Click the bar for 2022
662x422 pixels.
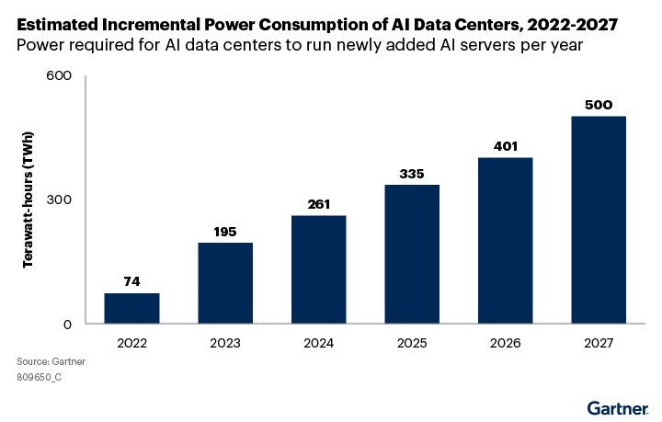[x=131, y=308]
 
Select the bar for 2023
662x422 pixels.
[x=225, y=283]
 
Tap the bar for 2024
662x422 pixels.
[x=318, y=269]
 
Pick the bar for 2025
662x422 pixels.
[x=412, y=254]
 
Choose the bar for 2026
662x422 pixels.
[x=505, y=240]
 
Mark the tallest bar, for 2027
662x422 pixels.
[x=599, y=220]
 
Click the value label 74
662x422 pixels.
[x=131, y=281]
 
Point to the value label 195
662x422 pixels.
[x=225, y=231]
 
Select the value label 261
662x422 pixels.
[x=318, y=203]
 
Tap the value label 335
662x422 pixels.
[x=412, y=173]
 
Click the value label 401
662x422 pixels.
[x=505, y=145]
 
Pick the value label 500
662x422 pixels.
[x=599, y=104]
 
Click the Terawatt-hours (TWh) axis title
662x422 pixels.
[x=29, y=200]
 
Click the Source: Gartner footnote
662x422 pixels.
[x=51, y=362]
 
